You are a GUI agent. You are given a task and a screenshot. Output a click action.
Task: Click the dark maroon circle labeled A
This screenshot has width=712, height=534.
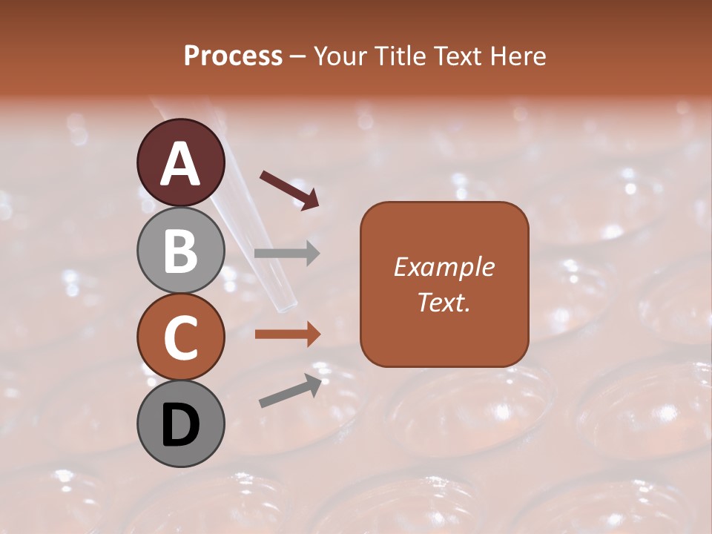click(180, 162)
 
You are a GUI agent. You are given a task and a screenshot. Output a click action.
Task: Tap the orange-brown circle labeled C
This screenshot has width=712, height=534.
click(180, 337)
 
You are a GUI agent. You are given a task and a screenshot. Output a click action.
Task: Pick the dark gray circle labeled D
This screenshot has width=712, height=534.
click(180, 423)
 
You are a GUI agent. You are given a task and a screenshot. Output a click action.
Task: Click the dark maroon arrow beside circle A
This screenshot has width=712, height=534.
click(290, 189)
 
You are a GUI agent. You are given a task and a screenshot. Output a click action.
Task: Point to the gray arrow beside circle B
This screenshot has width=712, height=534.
click(287, 254)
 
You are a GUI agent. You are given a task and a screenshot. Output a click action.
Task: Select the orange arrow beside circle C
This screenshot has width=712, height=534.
click(287, 334)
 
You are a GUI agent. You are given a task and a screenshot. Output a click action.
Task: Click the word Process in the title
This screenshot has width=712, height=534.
click(233, 56)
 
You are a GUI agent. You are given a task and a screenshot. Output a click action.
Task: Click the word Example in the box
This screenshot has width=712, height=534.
click(444, 268)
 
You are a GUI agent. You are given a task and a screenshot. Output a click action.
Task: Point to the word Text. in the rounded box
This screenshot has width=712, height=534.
click(444, 302)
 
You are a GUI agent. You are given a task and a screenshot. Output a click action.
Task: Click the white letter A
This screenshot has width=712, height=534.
click(180, 164)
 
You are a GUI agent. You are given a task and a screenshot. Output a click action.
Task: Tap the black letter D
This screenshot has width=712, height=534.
click(180, 425)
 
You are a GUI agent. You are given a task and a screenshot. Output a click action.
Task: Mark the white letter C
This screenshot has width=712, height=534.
click(180, 338)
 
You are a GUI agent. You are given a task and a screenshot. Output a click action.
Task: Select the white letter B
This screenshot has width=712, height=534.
click(180, 251)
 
